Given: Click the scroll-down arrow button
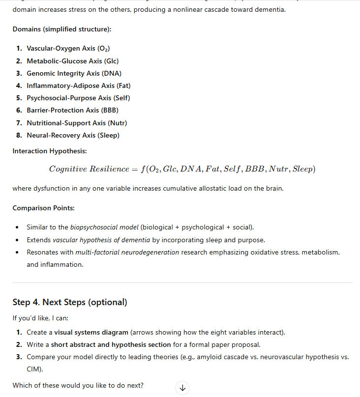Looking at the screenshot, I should [182, 388].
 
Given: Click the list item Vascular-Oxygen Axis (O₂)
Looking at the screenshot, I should [68, 49].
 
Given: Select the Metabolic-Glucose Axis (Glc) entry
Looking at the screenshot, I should [73, 61].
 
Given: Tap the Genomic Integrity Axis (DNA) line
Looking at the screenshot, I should [74, 73].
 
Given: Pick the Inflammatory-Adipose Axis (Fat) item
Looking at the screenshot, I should [78, 85].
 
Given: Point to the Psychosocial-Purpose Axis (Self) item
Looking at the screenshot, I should [78, 98].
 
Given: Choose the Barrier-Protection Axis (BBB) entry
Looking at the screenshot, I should [72, 110].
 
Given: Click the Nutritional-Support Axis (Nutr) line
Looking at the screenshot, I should [77, 123].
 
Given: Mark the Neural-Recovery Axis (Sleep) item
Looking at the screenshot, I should [73, 135].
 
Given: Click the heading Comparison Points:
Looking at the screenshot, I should [43, 208].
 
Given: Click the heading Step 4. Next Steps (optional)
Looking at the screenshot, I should [70, 302].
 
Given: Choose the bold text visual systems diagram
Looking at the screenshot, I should [91, 332].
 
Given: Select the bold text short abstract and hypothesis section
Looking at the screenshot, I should [111, 344].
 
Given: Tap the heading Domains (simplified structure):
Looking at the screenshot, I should [61, 29].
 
